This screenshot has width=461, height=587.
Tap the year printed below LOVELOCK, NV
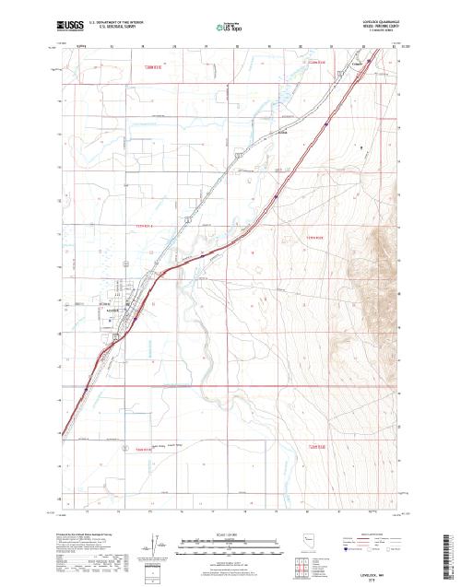[373, 579]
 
